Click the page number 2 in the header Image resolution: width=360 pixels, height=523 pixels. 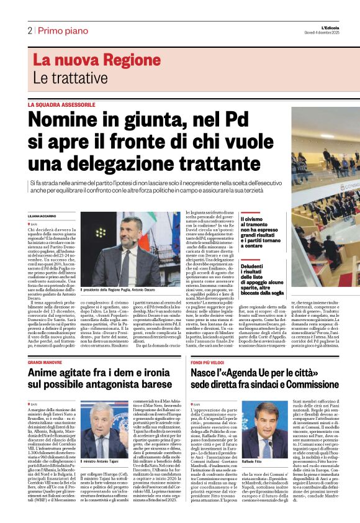30,30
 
